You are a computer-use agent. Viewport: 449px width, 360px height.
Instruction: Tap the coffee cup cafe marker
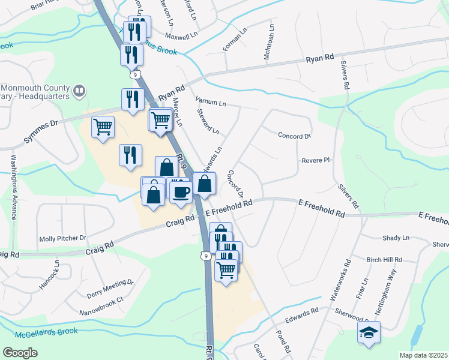[x=181, y=192]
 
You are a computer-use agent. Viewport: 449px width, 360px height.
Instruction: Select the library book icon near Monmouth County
[x=79, y=91]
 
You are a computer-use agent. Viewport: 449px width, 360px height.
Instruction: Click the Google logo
[x=20, y=352]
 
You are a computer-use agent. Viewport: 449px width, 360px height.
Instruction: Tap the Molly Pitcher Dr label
[x=62, y=238]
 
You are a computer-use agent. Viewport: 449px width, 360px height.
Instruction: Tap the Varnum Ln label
[x=209, y=100]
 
